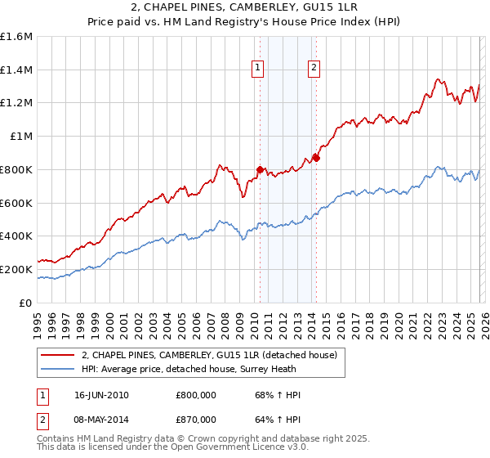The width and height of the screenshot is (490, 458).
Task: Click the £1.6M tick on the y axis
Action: click(x=16, y=37)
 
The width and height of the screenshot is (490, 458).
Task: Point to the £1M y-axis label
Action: click(x=20, y=137)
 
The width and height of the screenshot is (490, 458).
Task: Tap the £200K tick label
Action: click(x=16, y=269)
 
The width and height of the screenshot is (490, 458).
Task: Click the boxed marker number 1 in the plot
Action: click(x=258, y=69)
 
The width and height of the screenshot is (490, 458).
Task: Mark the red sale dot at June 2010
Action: click(x=261, y=169)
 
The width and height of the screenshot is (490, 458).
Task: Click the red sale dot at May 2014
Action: click(x=316, y=158)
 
